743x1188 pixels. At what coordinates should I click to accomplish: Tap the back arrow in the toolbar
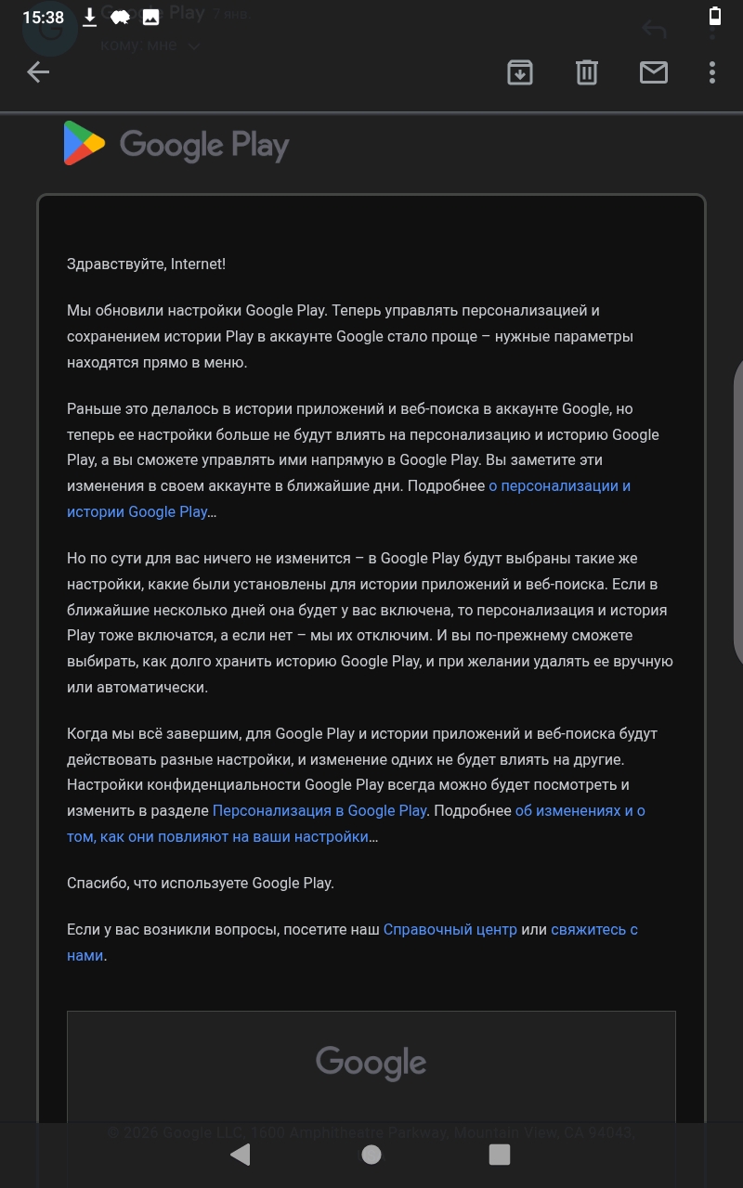[38, 72]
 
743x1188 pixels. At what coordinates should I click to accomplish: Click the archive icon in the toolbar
[520, 72]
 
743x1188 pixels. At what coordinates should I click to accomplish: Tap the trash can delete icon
[587, 72]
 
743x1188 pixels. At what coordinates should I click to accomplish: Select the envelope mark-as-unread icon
[654, 72]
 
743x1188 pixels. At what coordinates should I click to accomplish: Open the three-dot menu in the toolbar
[712, 72]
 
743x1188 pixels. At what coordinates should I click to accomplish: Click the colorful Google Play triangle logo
[84, 144]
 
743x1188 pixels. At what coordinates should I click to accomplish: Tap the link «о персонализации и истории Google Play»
[559, 486]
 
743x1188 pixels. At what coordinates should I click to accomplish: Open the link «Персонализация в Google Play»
[319, 810]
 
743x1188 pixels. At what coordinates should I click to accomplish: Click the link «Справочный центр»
[450, 929]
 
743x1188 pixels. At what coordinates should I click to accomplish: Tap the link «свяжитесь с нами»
[593, 929]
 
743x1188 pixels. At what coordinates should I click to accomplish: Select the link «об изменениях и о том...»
[580, 810]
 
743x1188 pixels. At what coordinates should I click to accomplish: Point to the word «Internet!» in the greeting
[198, 265]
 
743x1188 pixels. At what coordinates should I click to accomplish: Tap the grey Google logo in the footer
[371, 1063]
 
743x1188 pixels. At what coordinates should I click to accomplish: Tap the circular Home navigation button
[371, 1154]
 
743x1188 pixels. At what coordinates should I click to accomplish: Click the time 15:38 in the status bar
[43, 18]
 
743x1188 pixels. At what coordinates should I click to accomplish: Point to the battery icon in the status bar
[714, 16]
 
